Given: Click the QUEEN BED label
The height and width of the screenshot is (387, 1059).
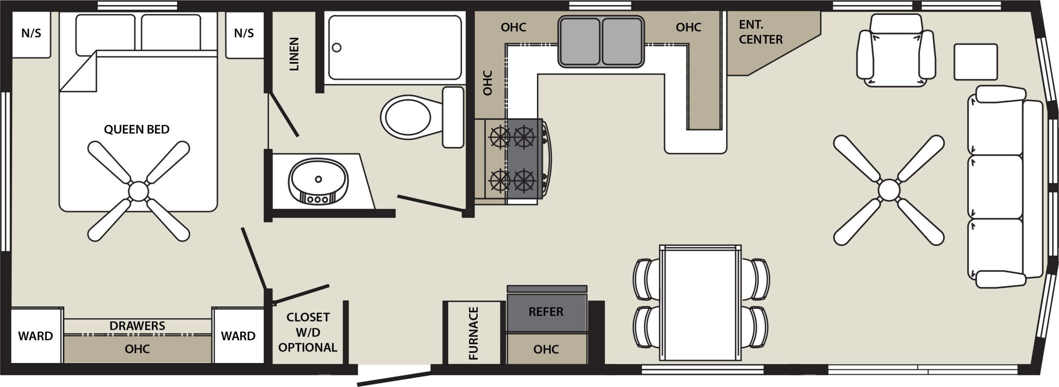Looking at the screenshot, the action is coord(137,130).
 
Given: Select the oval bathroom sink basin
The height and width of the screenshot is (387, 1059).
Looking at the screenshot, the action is coord(318,181).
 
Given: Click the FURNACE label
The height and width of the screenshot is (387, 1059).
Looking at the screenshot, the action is coord(473,333).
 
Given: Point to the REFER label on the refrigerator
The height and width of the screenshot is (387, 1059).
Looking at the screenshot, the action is coord(546,312).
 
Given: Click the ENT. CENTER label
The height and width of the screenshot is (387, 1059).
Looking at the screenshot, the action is coord(761,32).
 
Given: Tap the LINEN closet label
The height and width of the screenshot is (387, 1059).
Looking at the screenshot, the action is coord(294,54).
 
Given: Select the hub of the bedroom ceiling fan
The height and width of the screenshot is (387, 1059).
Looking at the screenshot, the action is coord(138,191).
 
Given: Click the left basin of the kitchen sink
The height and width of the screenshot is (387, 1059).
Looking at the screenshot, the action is coord(579,41).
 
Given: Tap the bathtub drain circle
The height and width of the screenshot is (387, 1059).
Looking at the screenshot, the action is coord(337,48).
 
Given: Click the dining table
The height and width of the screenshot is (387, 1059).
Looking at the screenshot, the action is coord(700,303).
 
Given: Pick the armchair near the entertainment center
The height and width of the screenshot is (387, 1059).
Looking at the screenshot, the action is coord(896,50).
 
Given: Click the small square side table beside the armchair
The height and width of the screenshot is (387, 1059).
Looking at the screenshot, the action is coord(975,62).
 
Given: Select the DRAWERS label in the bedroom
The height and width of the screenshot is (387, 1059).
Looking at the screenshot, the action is coord(137,326).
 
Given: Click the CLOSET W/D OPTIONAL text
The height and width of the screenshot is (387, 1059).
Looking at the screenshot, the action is coord(308,332).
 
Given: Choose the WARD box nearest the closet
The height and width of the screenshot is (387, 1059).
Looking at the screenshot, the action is coord(238,335).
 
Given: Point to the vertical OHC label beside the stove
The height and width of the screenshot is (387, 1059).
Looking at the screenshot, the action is coord(488,83).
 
